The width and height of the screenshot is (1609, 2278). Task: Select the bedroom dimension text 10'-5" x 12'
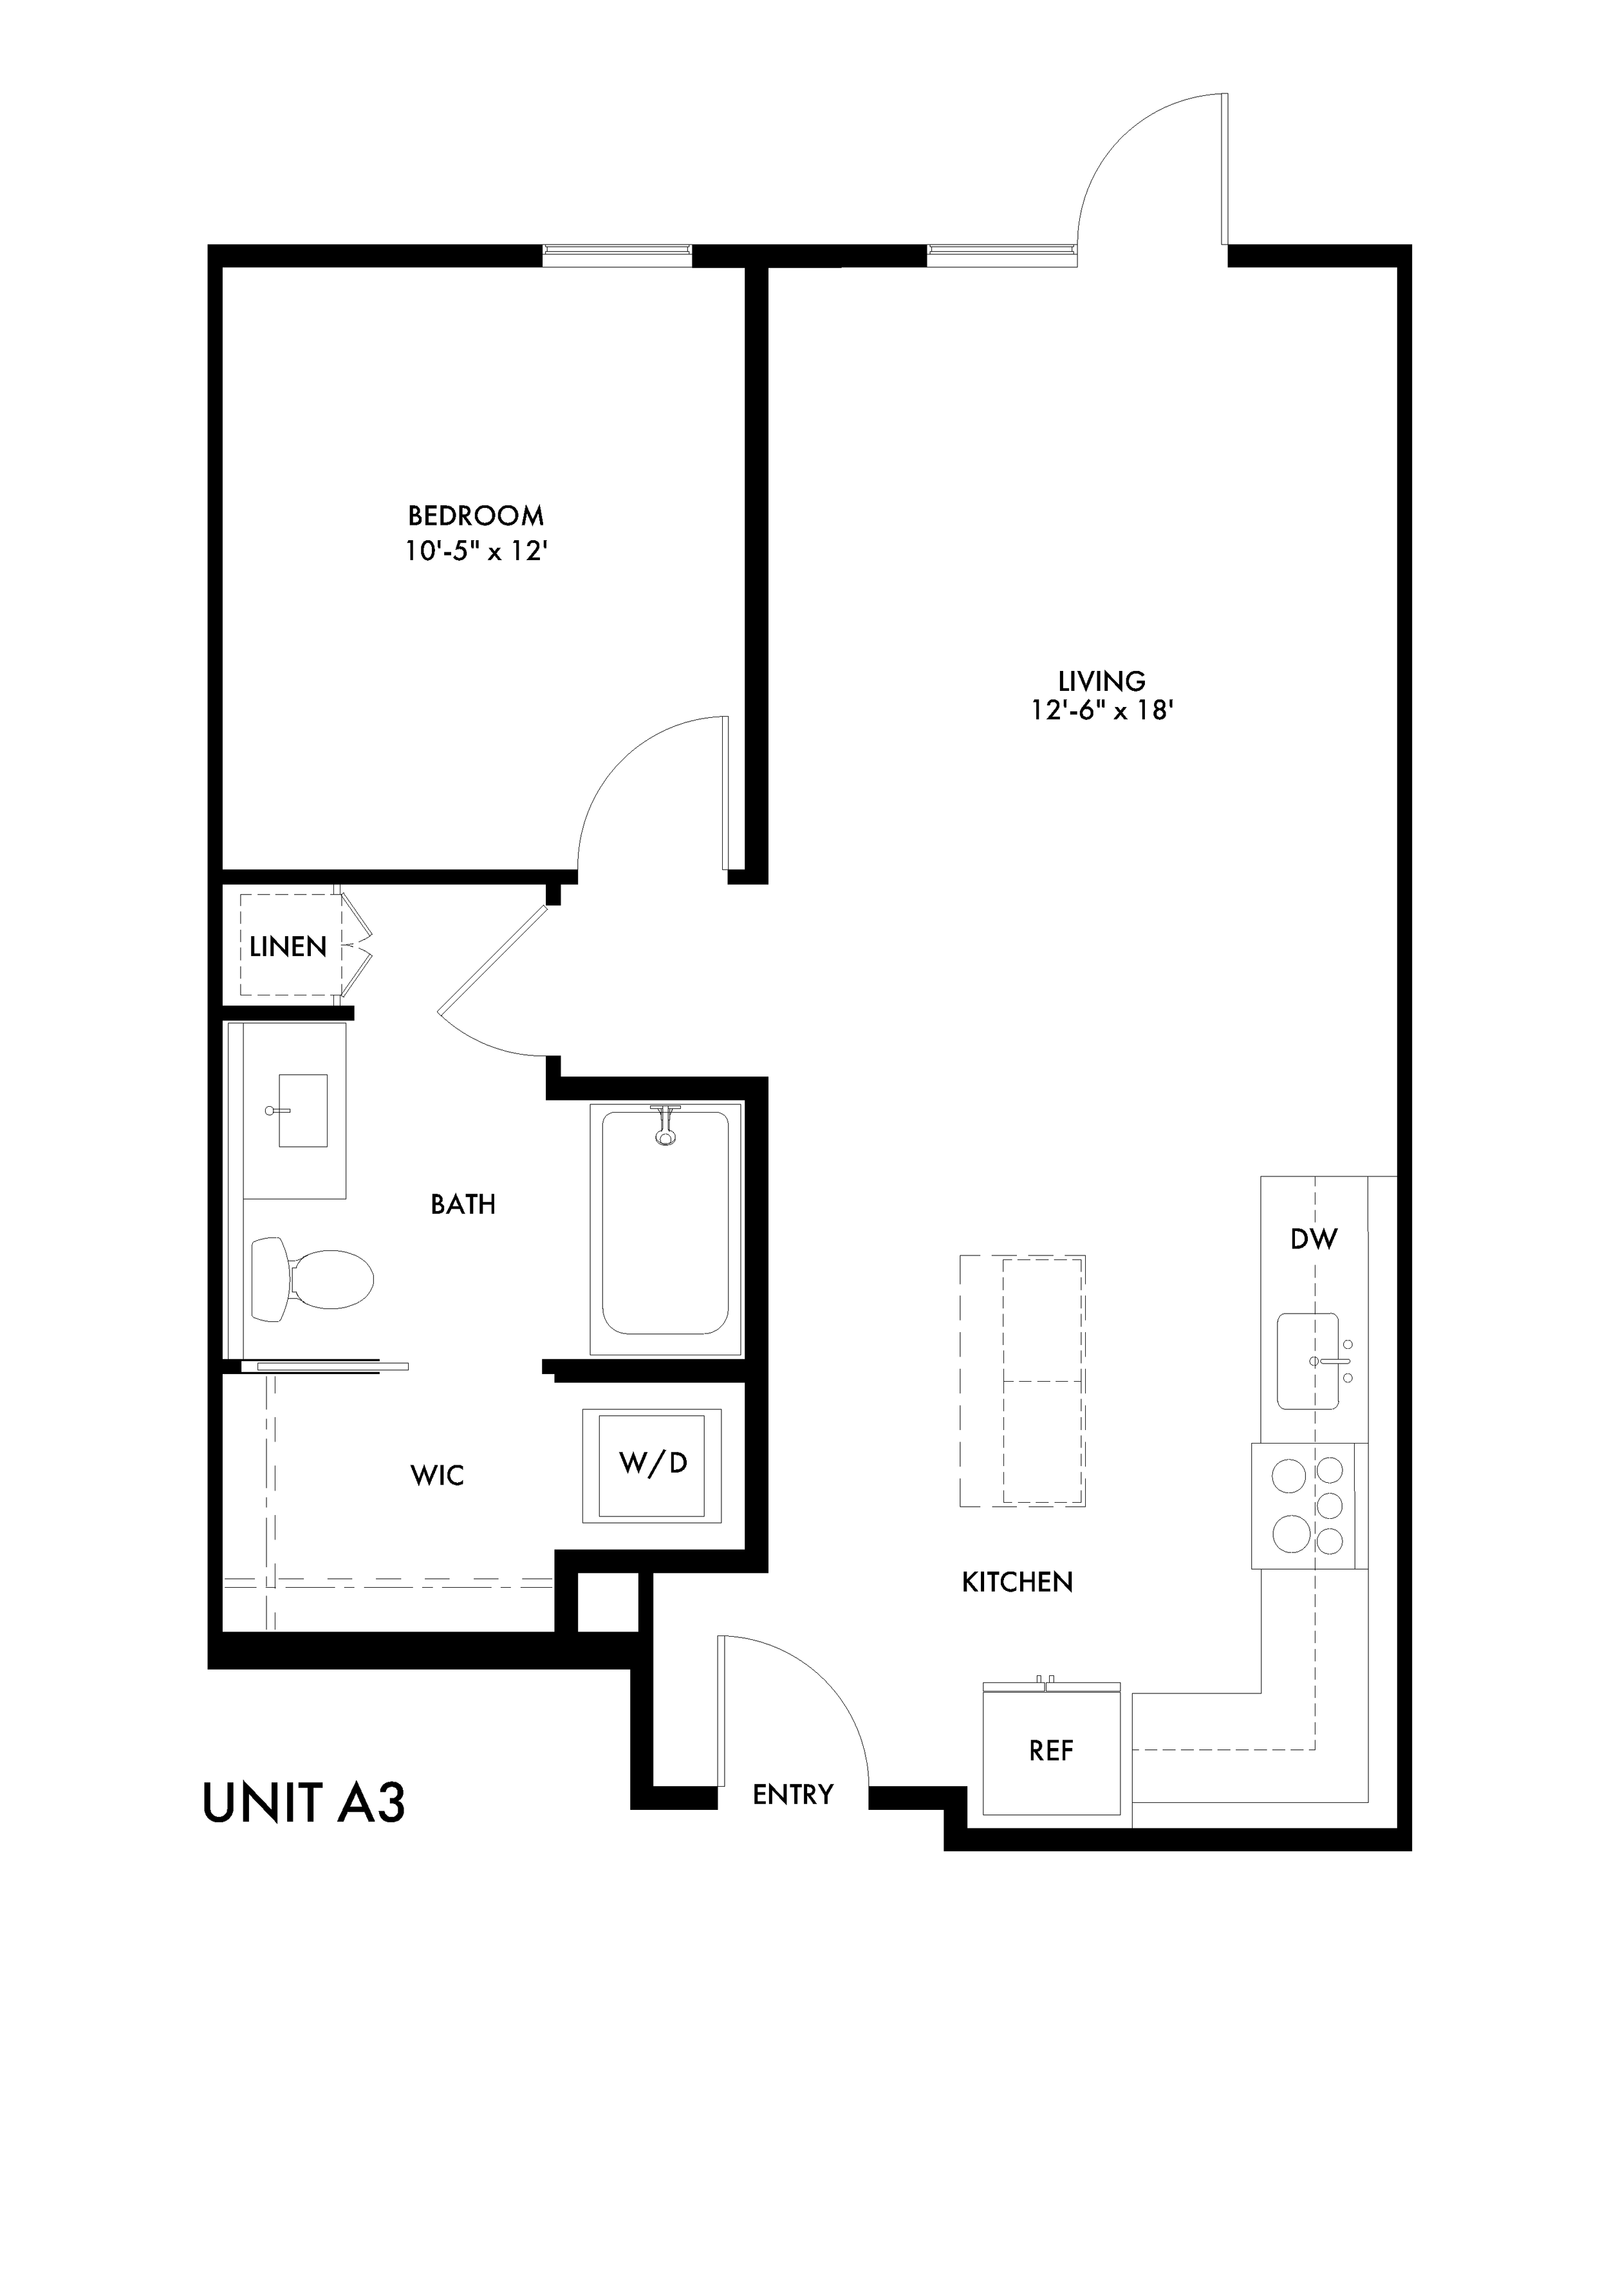[476, 552]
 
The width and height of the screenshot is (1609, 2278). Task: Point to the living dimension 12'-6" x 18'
[1101, 711]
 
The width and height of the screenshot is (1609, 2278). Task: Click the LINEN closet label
[288, 948]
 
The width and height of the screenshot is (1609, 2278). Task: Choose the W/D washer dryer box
[653, 1464]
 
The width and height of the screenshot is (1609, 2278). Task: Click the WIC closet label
[438, 1476]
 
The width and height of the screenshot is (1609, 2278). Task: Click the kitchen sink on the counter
[1307, 1361]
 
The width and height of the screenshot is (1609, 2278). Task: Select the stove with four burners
[1310, 1506]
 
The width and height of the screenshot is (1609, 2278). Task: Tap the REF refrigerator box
[1052, 1751]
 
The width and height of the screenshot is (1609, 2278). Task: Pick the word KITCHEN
[1018, 1583]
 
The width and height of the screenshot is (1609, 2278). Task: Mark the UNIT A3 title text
[304, 1803]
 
